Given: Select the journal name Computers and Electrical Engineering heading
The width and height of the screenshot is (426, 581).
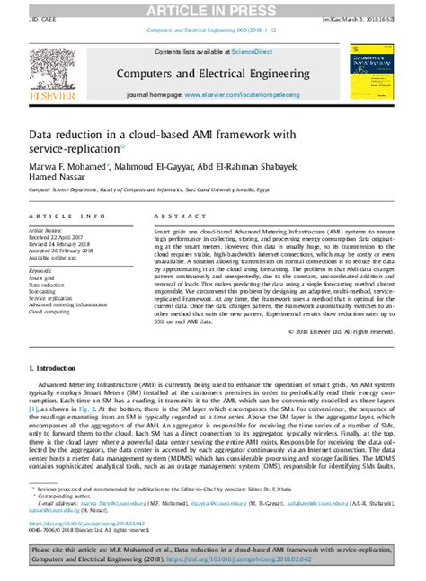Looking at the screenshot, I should (212, 72).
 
